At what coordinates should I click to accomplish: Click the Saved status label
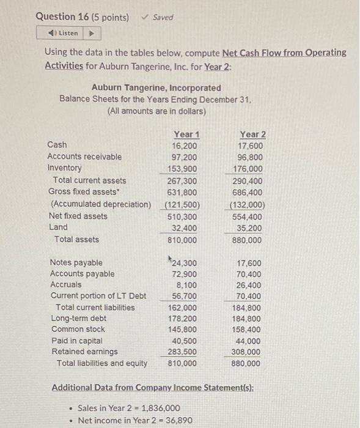[161, 17]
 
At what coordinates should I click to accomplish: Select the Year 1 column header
[186, 135]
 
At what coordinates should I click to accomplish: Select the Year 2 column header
[252, 135]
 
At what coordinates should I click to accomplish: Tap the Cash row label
[57, 145]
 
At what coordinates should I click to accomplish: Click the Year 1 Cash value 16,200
[185, 146]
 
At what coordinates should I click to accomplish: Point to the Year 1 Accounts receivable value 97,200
[185, 157]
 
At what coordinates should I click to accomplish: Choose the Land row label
[58, 227]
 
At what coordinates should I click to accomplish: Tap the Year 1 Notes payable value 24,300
[185, 263]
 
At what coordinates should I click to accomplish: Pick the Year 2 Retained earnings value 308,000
[248, 352]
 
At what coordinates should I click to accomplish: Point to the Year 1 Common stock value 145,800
[183, 329]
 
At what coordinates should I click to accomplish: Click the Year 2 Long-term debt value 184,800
[248, 318]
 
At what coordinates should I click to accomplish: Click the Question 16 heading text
[83, 17]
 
